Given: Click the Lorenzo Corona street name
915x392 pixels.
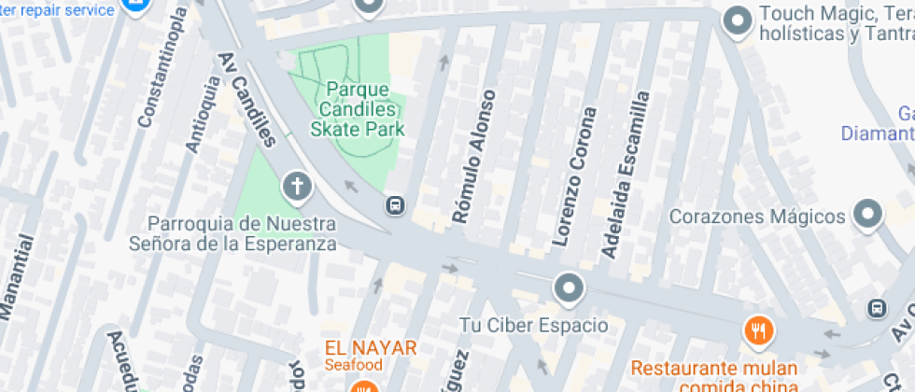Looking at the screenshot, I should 574,176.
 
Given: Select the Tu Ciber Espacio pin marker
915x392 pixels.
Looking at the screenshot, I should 569,288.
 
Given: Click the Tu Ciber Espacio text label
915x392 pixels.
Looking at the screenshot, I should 534,326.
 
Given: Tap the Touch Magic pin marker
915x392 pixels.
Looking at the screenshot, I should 739,18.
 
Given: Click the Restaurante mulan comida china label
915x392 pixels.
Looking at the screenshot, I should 716,375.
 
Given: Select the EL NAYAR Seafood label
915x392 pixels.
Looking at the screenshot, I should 371,355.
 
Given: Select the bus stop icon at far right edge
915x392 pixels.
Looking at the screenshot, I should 877,307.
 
